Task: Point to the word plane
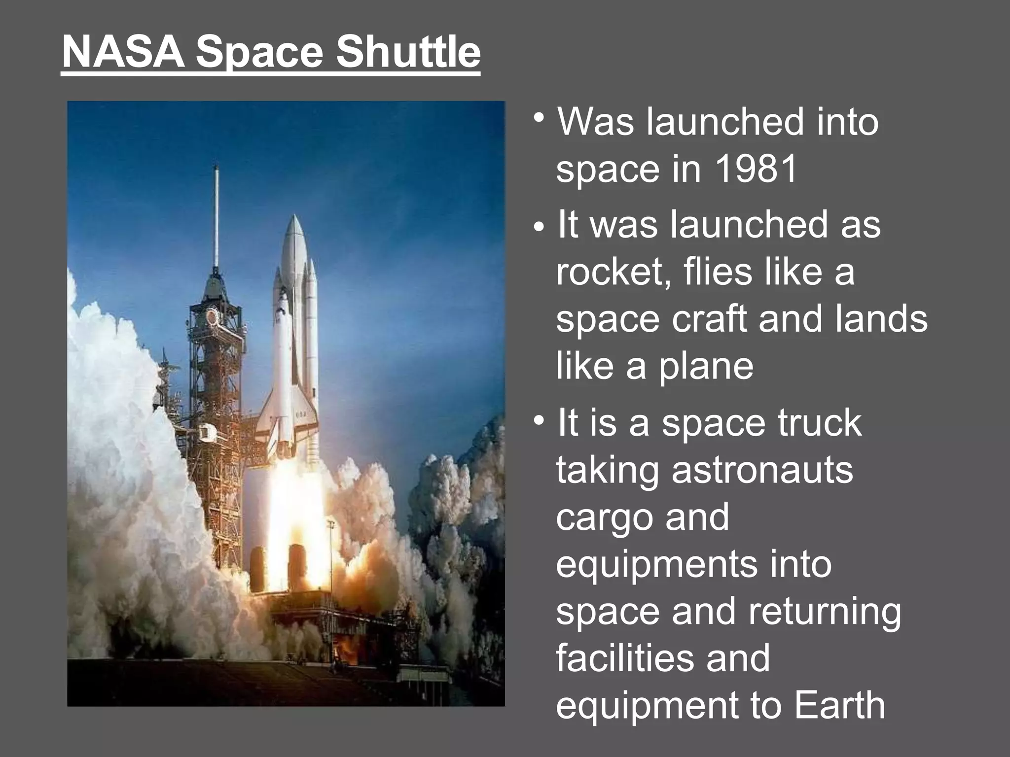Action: (x=706, y=366)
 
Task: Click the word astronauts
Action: (x=762, y=470)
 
